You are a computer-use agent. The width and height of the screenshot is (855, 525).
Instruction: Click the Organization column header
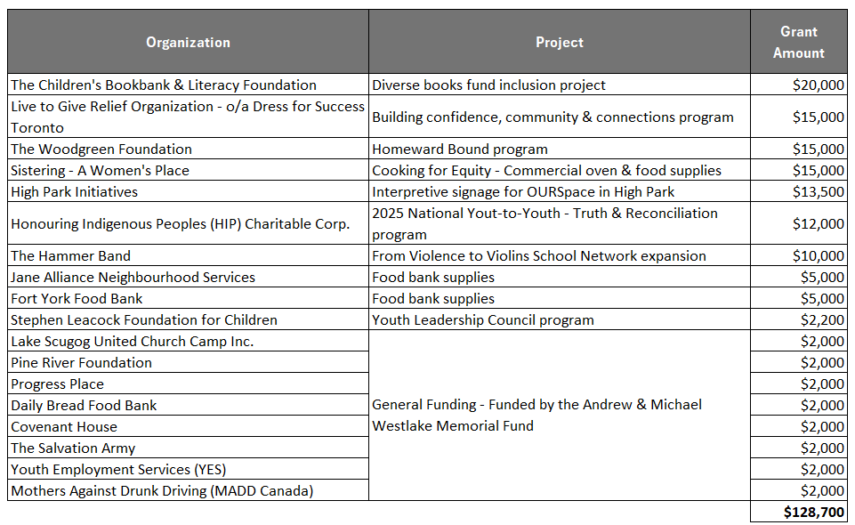[188, 43]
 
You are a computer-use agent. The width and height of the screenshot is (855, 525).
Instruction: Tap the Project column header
[559, 43]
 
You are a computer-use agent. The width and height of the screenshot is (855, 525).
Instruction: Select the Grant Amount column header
[798, 43]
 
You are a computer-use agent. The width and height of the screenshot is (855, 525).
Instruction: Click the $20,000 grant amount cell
[818, 85]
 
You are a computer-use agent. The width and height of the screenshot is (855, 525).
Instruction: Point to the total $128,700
[814, 513]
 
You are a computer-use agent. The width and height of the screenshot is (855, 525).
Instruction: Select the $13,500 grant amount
[818, 192]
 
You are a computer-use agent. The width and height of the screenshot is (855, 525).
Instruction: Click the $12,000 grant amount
[818, 224]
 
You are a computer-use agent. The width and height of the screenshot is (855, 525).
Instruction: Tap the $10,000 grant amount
[818, 256]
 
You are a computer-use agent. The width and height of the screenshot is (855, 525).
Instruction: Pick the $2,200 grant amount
[822, 320]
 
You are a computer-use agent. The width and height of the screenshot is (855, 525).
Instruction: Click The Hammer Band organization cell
[70, 256]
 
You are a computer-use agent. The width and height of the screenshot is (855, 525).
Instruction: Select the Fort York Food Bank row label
[77, 299]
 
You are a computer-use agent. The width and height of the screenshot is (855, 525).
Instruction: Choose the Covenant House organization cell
[64, 427]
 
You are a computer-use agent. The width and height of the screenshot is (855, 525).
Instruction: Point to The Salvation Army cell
[73, 448]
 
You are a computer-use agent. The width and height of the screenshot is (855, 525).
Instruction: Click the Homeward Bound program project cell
[459, 149]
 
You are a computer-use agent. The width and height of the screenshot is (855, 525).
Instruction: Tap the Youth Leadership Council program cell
[482, 320]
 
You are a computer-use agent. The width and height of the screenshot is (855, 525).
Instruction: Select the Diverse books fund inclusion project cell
[488, 85]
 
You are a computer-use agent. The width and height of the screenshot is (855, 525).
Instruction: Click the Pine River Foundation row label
[81, 363]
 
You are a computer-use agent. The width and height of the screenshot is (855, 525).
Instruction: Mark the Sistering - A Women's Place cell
[100, 171]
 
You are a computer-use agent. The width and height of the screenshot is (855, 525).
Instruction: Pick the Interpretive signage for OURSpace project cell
[523, 192]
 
